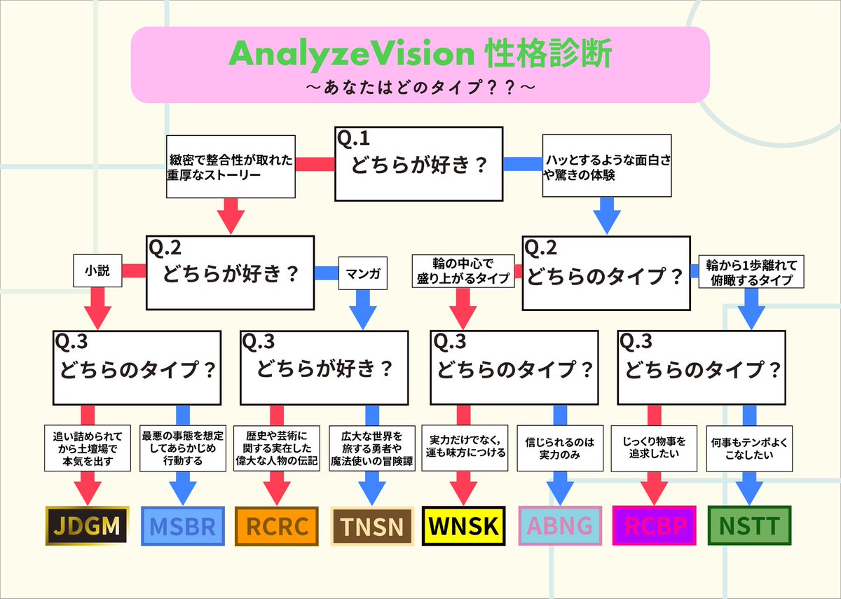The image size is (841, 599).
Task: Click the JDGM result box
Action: tap(87, 525)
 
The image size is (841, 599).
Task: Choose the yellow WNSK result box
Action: tap(464, 525)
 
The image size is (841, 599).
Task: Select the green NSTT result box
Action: tap(748, 525)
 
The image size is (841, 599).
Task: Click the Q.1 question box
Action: tap(419, 163)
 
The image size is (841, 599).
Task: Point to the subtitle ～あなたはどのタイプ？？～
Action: tap(420, 88)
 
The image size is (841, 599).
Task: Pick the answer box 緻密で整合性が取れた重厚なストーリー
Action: tap(230, 166)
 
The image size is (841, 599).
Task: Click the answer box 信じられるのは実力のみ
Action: tap(559, 448)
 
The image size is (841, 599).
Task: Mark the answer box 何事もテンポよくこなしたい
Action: tap(748, 448)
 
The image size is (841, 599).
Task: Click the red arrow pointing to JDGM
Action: tap(87, 487)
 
